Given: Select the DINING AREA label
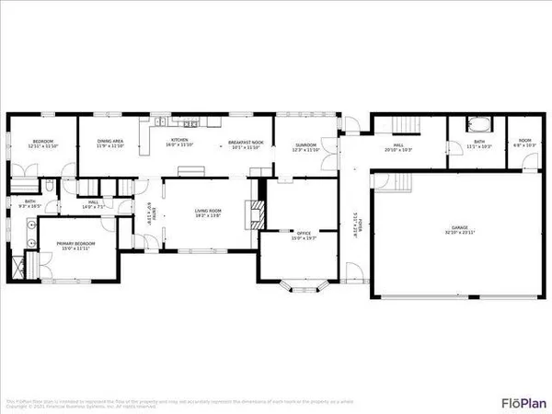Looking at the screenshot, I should tap(110, 142).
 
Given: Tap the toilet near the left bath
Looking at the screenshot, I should tap(51, 188).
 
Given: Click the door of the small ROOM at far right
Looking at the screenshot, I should tap(529, 163).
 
